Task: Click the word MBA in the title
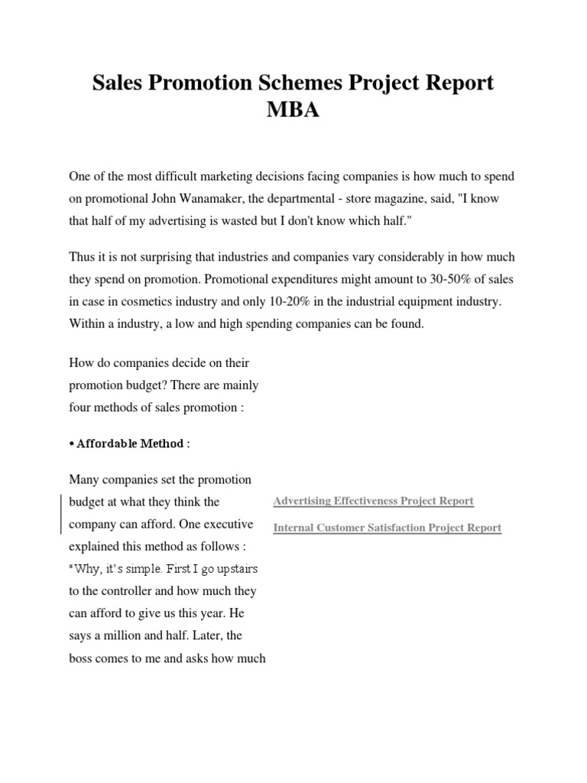(293, 110)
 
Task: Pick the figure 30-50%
(451, 280)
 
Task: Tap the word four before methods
(80, 408)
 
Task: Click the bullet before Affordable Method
(72, 443)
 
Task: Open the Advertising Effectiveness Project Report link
(373, 501)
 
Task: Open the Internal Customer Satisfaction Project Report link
(387, 528)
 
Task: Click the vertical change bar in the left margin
(61, 513)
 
